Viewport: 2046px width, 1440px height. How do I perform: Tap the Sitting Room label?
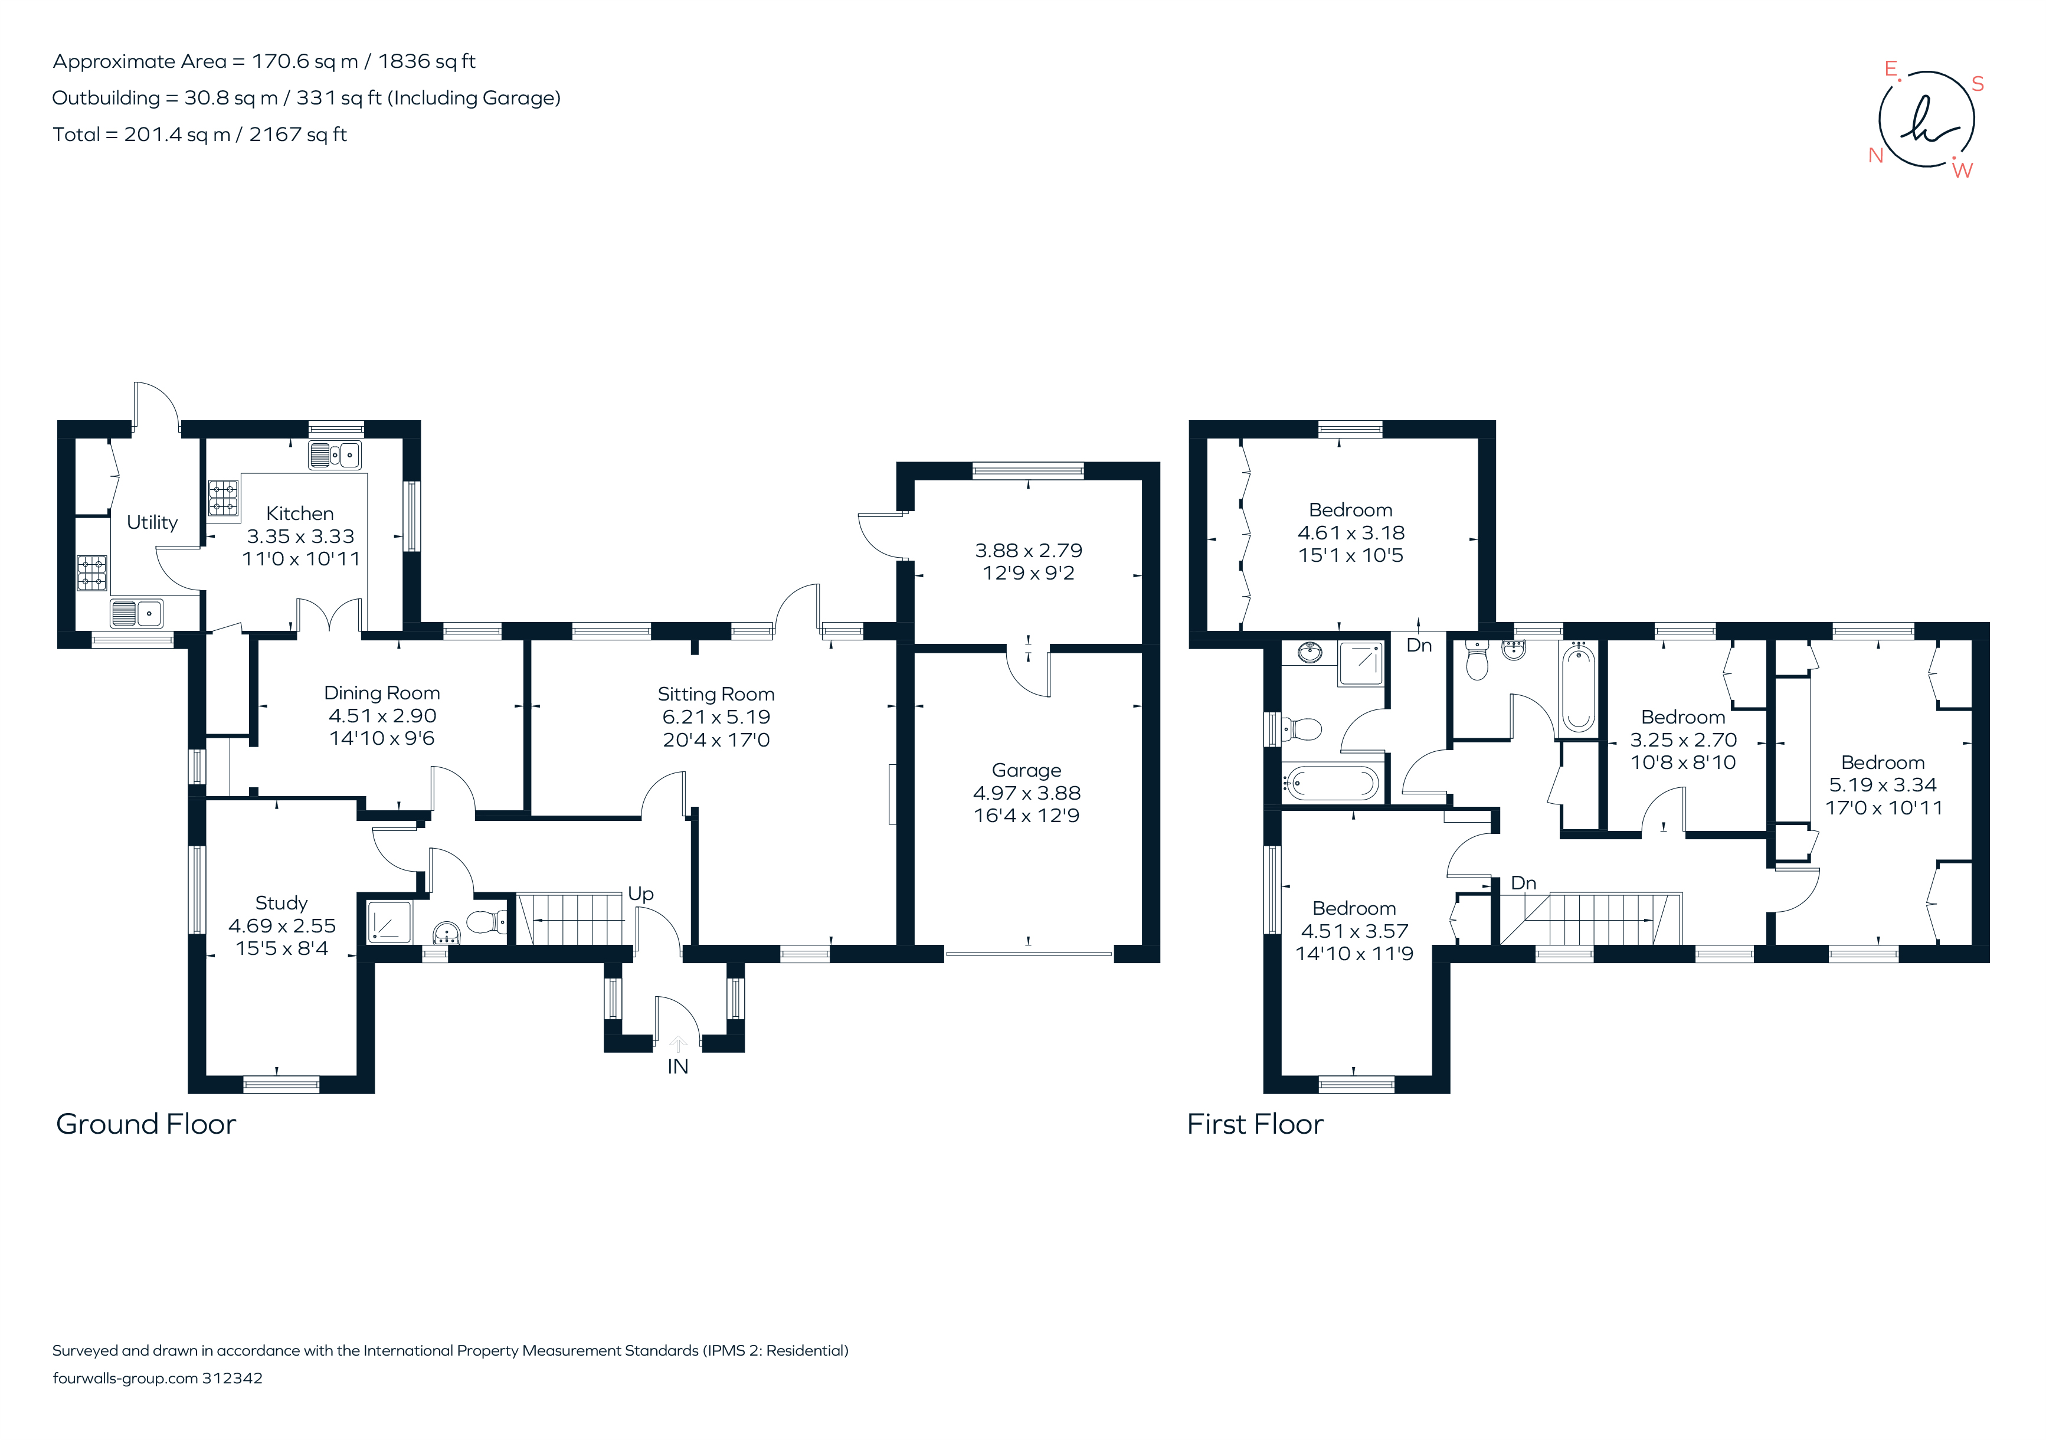pyautogui.click(x=716, y=694)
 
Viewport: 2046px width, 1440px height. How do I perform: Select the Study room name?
pyautogui.click(x=281, y=903)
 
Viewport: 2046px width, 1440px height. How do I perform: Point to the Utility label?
pyautogui.click(x=152, y=522)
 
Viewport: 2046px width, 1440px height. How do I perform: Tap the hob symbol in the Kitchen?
pyautogui.click(x=224, y=499)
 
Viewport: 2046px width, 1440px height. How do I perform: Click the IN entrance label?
pyautogui.click(x=677, y=1066)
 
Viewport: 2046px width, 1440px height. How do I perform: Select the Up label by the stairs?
pyautogui.click(x=641, y=894)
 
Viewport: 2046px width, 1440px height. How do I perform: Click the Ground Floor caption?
pyautogui.click(x=146, y=1124)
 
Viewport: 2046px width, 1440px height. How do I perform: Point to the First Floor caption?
pyautogui.click(x=1255, y=1124)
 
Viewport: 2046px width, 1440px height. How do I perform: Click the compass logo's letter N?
pyautogui.click(x=1876, y=155)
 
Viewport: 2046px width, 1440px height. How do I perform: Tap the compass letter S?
pyautogui.click(x=1978, y=84)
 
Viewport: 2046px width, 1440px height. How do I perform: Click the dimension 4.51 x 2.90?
pyautogui.click(x=382, y=715)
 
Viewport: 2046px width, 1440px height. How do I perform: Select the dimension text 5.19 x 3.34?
pyautogui.click(x=1883, y=785)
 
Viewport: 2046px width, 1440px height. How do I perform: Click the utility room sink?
pyautogui.click(x=136, y=613)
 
